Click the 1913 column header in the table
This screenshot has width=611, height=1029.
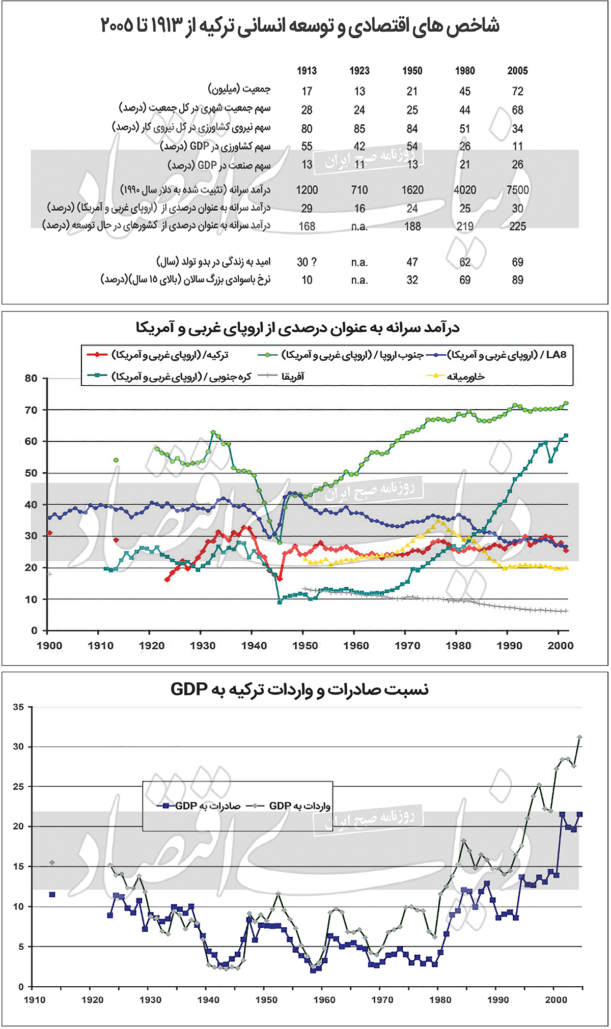click(307, 71)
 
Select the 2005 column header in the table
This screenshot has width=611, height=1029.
click(517, 71)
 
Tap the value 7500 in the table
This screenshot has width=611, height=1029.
click(517, 190)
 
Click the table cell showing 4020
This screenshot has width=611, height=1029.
click(464, 190)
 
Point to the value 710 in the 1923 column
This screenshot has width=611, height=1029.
click(359, 190)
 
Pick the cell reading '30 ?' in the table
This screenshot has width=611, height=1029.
click(307, 262)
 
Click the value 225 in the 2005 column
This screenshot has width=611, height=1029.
click(517, 226)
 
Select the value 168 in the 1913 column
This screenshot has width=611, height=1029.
click(307, 226)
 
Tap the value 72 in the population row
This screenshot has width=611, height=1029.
click(517, 91)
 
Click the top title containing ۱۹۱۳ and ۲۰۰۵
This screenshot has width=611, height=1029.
click(300, 25)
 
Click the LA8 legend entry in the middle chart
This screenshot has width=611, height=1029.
click(556, 355)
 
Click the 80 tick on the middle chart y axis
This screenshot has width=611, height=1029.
click(31, 378)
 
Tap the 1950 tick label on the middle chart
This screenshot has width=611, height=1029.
click(304, 646)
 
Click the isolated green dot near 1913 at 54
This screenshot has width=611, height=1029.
click(116, 460)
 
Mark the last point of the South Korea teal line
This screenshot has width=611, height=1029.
click(566, 436)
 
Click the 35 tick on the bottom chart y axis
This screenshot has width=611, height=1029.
click(18, 707)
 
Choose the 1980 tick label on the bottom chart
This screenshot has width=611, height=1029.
click(440, 999)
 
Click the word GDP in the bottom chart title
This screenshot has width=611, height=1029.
click(189, 690)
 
